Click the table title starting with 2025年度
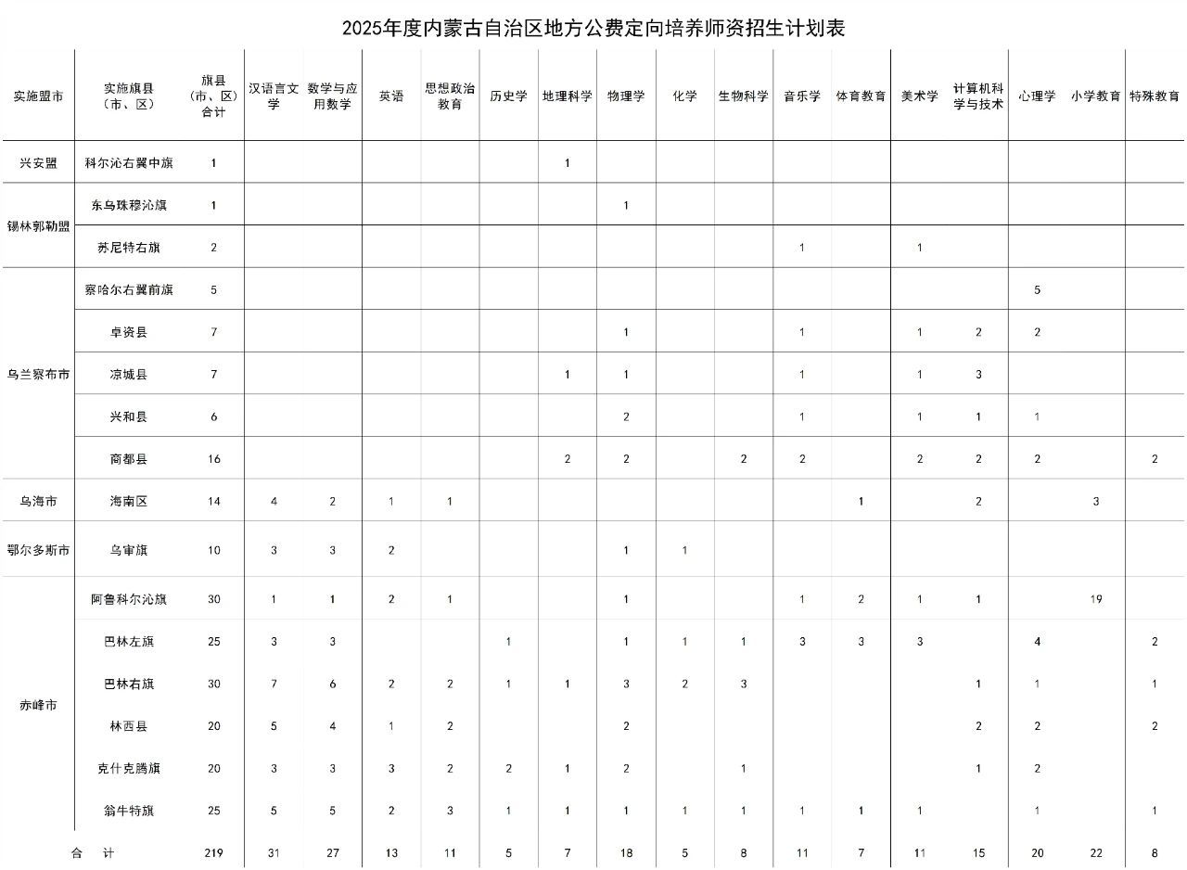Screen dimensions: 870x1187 coord(593,28)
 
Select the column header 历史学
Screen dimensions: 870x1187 coord(508,96)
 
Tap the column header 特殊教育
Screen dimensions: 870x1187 coord(1155,96)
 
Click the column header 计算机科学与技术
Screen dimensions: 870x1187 coord(978,96)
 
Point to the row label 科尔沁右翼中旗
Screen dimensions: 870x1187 coord(129,162)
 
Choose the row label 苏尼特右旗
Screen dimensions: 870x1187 coord(129,248)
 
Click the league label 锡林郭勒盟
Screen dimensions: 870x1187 coord(38,226)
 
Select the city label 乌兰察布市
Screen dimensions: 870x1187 coord(38,375)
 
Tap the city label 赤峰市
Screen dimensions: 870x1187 coord(38,705)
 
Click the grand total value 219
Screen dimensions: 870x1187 coord(213,853)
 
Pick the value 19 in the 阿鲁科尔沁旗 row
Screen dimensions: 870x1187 coord(1096,599)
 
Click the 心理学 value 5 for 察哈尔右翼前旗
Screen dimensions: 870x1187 coord(1037,289)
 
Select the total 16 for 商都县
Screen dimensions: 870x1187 coord(213,459)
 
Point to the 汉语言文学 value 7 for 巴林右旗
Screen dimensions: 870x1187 coord(274,684)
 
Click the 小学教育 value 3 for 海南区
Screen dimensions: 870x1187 coord(1096,502)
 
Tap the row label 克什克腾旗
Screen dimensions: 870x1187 coord(129,769)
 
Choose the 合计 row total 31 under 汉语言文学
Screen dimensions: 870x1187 coord(274,853)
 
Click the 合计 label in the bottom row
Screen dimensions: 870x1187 coord(93,853)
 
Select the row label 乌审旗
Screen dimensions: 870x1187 coord(129,550)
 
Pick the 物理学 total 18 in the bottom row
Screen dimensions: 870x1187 coord(626,853)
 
